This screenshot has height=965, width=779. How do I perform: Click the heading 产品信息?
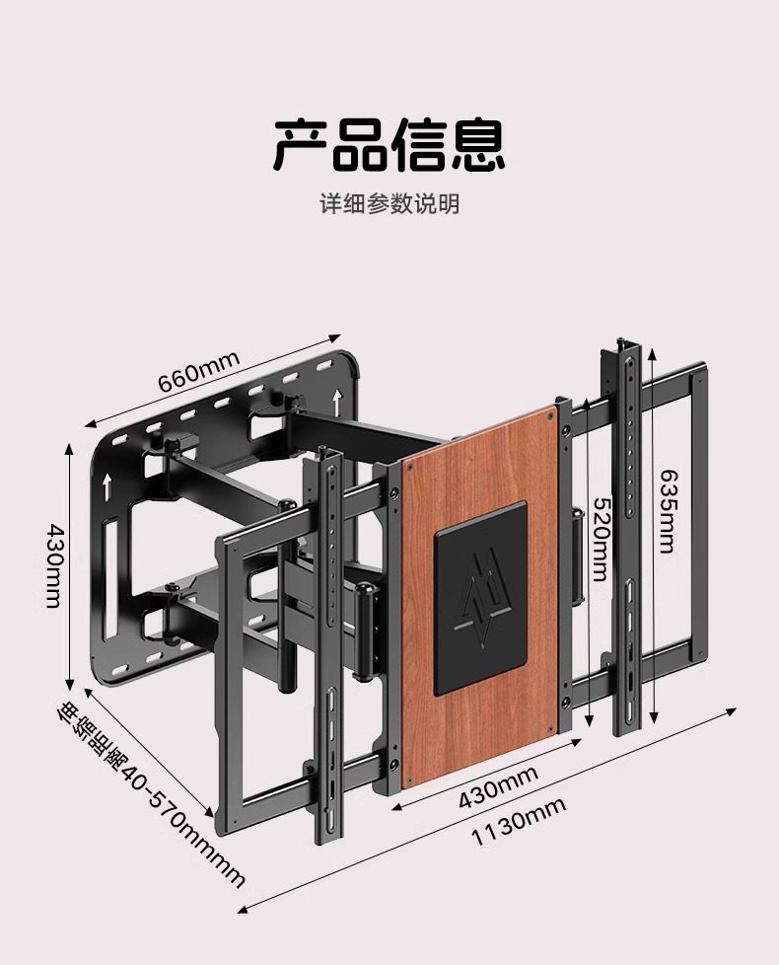(x=389, y=144)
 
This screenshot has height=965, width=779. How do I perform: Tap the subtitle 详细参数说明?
(x=389, y=205)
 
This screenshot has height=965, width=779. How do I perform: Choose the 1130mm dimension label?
(x=518, y=823)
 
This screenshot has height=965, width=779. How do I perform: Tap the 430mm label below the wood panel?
(x=497, y=787)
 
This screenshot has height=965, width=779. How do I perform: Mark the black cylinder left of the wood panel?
(x=366, y=631)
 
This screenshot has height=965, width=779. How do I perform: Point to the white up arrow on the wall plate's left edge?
(x=105, y=484)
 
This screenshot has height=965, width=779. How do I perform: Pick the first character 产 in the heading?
(x=301, y=144)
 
